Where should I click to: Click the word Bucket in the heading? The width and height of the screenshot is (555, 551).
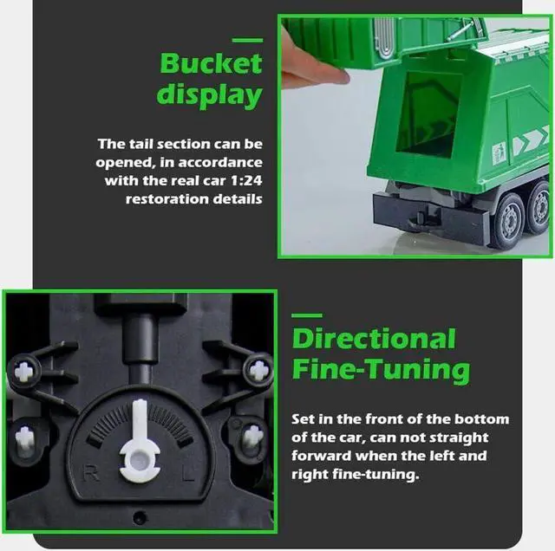[x=210, y=63]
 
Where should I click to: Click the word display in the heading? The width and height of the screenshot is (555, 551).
[x=209, y=95]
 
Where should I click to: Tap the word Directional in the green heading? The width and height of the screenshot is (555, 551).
[x=374, y=339]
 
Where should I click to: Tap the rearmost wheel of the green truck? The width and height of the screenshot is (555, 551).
[x=539, y=211]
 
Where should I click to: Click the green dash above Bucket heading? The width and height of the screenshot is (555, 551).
[x=248, y=40]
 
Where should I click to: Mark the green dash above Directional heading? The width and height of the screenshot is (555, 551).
[x=306, y=315]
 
